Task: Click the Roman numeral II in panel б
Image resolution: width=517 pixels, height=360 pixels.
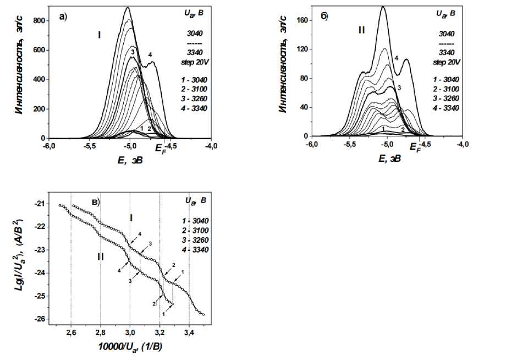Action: tap(361, 30)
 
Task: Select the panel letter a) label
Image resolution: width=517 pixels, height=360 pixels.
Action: tap(63, 17)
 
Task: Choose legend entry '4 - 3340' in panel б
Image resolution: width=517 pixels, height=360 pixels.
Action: tap(446, 107)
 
